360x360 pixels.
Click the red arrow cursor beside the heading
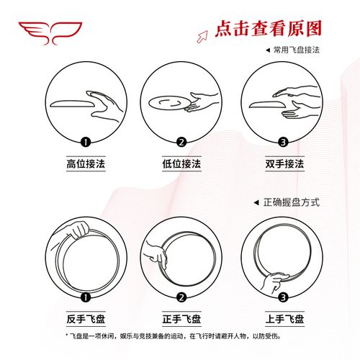[204, 32]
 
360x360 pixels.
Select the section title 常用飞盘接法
[295, 51]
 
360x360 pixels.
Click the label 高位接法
[86, 164]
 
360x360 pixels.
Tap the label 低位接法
[181, 164]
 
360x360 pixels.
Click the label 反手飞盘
[86, 318]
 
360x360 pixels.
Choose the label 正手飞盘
[181, 318]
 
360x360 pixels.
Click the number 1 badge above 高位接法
[86, 142]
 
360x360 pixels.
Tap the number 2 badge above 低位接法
[181, 142]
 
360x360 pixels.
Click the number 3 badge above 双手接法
[283, 142]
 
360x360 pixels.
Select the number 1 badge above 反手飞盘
[86, 297]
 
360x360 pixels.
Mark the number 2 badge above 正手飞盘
[181, 297]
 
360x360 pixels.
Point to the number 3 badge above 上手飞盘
[283, 297]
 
